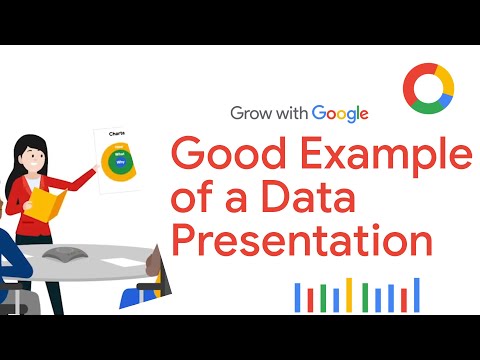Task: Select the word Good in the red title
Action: (229, 156)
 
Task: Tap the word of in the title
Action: (195, 200)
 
